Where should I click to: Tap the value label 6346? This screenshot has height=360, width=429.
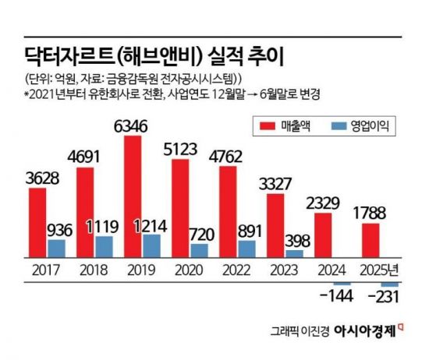(x=131, y=125)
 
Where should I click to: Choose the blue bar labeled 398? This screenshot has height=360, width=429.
(x=294, y=254)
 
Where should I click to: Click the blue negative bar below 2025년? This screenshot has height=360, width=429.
(x=390, y=284)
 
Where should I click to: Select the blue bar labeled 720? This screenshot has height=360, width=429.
(x=200, y=251)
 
